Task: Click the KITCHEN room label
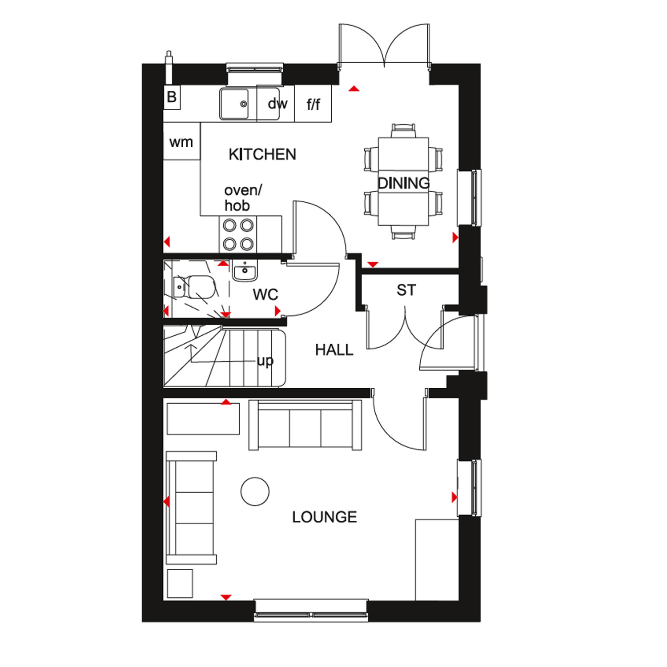click(262, 154)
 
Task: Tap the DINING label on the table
click(404, 183)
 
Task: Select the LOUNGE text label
click(325, 517)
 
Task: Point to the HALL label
click(334, 350)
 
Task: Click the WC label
click(265, 294)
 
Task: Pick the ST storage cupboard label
click(406, 290)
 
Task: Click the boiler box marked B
click(172, 97)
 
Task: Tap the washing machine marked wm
click(182, 141)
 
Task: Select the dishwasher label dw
click(277, 104)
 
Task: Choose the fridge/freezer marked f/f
click(313, 104)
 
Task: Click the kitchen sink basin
click(234, 104)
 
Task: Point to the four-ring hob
click(238, 235)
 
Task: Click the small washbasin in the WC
click(245, 270)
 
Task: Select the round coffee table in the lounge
click(255, 491)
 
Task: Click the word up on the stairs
click(265, 361)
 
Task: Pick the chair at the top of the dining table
click(404, 130)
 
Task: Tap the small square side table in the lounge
click(180, 583)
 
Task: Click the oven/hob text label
click(243, 198)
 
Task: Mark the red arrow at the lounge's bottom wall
click(226, 597)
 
